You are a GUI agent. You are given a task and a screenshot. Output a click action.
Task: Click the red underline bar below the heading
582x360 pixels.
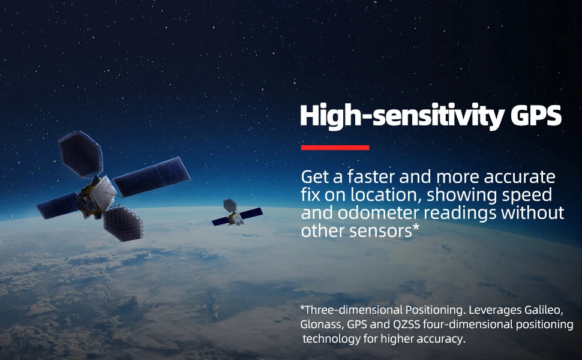coord(335,148)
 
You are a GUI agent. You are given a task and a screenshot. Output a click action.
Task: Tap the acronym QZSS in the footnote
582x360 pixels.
coord(406,325)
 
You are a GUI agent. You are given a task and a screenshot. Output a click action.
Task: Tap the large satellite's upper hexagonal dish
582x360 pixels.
coord(80,154)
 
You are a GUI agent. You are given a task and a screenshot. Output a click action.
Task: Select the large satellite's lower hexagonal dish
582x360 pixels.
coord(123,223)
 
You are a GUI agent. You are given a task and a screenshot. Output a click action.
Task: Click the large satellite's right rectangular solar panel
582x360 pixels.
coord(151,176)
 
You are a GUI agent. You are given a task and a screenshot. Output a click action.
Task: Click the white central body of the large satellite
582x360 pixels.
coord(104,193)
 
